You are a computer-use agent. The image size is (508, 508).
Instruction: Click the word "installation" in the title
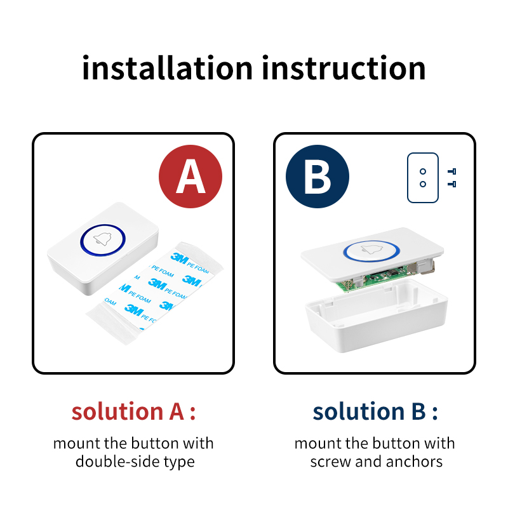(x=167, y=68)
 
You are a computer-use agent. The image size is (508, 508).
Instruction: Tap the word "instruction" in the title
(x=344, y=68)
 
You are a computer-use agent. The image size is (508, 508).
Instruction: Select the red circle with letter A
(x=190, y=177)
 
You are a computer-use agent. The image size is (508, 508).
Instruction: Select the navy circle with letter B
(x=317, y=177)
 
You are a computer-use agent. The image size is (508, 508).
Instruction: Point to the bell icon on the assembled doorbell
(x=103, y=240)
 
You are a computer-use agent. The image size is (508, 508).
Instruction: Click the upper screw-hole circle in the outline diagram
(x=423, y=171)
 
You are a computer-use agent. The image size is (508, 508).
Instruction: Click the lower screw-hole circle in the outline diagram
(x=423, y=184)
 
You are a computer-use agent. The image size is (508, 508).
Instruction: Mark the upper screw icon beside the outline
(x=452, y=171)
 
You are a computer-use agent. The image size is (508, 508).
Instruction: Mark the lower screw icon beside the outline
(x=452, y=184)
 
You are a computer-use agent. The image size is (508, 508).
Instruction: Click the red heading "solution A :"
(x=133, y=411)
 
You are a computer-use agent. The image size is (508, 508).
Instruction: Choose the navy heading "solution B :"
(x=375, y=411)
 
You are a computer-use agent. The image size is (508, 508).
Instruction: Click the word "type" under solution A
(x=179, y=462)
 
